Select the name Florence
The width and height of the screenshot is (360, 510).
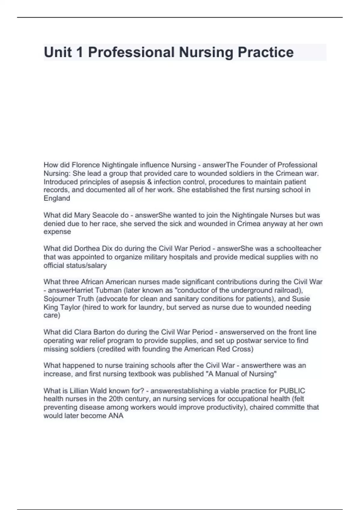[86, 165]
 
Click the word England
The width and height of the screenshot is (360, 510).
[57, 198]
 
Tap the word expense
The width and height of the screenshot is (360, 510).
[57, 232]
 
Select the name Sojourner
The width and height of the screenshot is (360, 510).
[58, 299]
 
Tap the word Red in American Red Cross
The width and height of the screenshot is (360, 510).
[223, 349]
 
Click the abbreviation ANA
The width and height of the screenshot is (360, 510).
[116, 416]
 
